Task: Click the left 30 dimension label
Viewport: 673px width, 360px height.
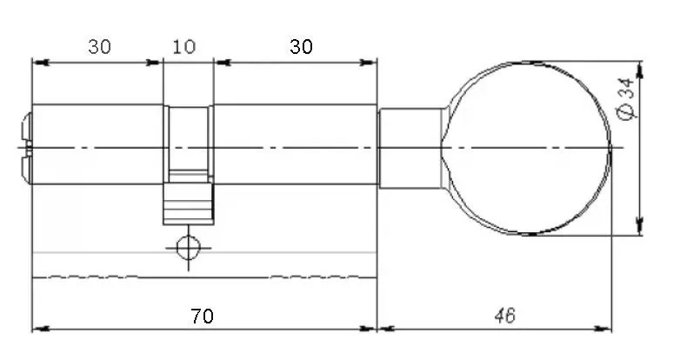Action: click(100, 46)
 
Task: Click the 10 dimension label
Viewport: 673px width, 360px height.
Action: click(184, 46)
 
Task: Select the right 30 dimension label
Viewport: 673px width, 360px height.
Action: click(301, 46)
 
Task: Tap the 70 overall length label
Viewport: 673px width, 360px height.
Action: click(202, 317)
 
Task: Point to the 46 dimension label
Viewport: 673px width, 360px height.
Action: click(504, 317)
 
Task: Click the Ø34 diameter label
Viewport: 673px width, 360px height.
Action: click(626, 99)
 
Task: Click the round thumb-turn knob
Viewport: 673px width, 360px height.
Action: click(526, 149)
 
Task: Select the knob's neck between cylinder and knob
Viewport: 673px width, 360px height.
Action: click(410, 149)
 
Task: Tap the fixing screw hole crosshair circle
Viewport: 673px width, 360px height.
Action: click(189, 248)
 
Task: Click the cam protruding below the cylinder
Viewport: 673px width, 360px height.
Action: click(189, 203)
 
